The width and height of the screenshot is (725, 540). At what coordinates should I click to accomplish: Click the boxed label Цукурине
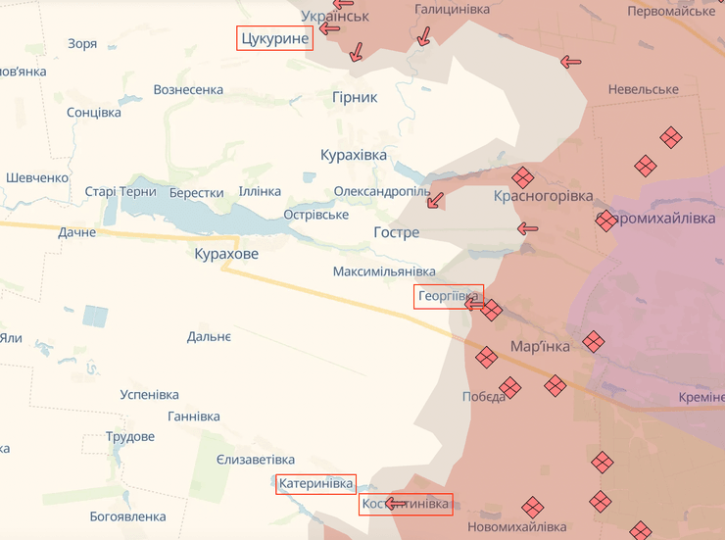pos(274,38)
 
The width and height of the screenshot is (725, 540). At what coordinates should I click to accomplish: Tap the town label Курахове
pos(226,254)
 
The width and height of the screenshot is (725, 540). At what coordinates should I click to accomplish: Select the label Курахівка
pos(354,155)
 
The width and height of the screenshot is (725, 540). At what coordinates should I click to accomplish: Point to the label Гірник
pos(354,97)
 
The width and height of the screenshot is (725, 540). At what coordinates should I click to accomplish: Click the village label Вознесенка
pos(188,90)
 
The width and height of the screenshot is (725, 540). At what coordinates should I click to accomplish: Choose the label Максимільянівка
pos(384,270)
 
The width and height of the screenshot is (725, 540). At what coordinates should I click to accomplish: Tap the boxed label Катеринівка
pos(315,483)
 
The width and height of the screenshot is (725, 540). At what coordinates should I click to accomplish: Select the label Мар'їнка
pos(540,347)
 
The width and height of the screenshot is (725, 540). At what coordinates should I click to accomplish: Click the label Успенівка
pos(149,394)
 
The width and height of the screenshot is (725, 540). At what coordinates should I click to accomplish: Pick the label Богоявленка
pos(127,516)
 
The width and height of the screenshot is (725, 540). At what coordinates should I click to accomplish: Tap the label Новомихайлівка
pos(516,527)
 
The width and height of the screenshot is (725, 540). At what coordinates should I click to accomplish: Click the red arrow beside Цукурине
pos(329,28)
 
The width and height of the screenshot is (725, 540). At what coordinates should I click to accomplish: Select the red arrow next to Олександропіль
pos(435,201)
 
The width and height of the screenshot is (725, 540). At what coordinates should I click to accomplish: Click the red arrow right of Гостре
pos(528,228)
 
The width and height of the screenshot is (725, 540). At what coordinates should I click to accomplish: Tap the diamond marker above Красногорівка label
pos(522,176)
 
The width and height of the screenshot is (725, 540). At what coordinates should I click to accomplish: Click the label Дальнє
pos(209,337)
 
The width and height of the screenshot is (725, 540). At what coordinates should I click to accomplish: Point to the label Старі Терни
pos(121,192)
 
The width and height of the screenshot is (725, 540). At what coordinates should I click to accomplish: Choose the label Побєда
pos(484,397)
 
